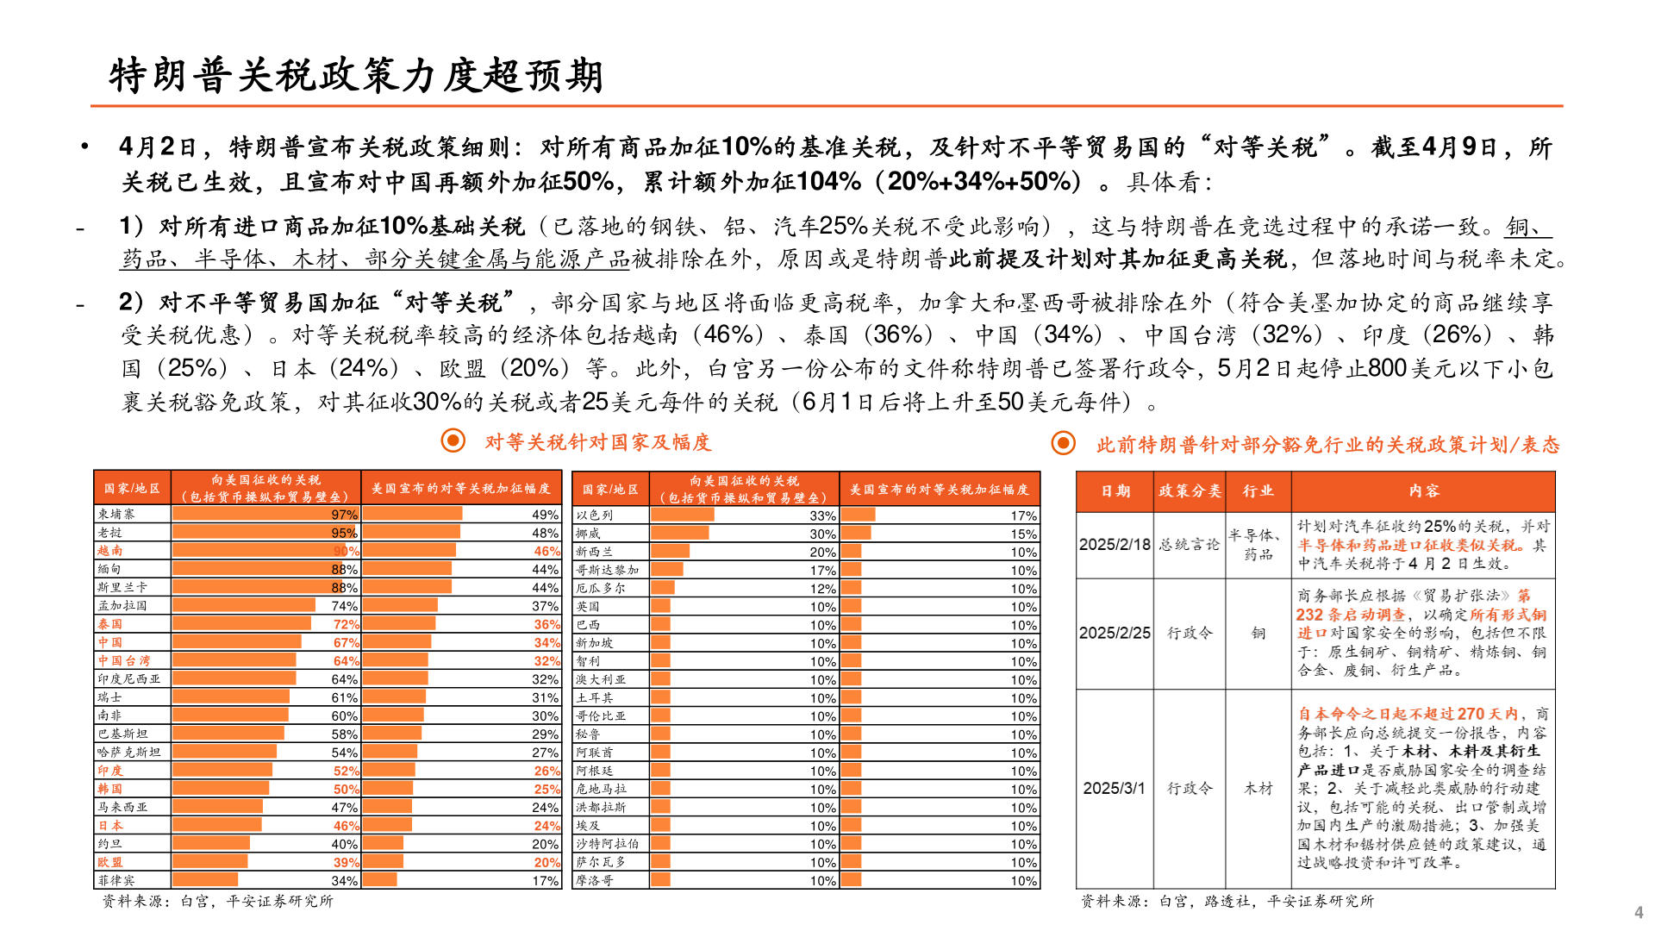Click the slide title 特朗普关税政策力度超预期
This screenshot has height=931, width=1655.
(355, 76)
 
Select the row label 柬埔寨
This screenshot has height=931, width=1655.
(116, 514)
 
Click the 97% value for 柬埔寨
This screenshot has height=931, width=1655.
(345, 515)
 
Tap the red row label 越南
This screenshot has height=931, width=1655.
(110, 551)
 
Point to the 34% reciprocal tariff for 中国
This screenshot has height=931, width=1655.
(546, 642)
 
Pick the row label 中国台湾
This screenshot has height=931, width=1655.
(124, 660)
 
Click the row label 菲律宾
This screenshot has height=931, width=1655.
(116, 880)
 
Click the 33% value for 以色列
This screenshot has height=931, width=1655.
(822, 515)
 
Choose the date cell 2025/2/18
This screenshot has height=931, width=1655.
(1115, 545)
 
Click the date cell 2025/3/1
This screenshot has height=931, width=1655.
(1115, 788)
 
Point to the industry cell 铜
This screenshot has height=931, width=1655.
(1258, 633)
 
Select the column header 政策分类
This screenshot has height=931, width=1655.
(1190, 491)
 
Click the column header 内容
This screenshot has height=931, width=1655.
(1424, 491)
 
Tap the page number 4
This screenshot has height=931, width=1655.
(1639, 912)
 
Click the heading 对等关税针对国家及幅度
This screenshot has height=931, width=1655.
(597, 443)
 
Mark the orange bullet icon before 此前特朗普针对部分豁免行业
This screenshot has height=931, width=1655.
(1064, 443)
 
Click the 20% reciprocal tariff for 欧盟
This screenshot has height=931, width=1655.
(546, 862)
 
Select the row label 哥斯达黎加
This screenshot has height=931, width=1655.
(608, 570)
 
